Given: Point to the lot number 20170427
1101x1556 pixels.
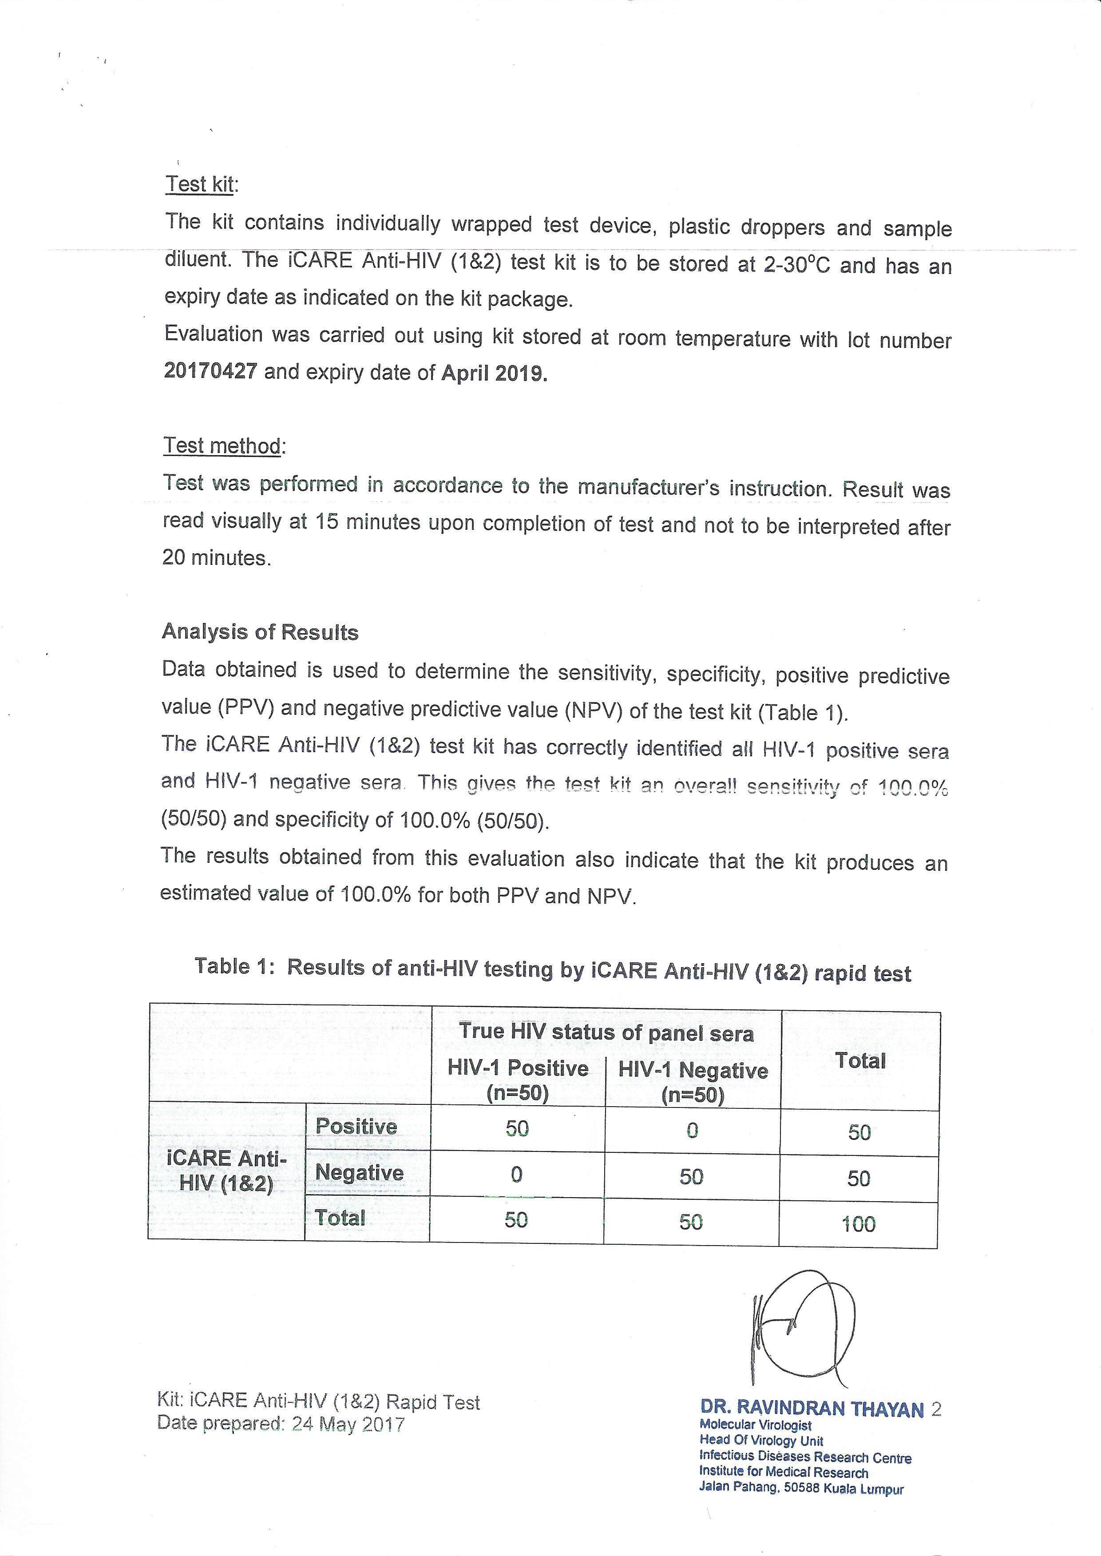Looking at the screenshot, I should pyautogui.click(x=210, y=372).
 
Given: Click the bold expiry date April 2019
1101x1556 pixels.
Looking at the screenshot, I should pyautogui.click(x=494, y=373).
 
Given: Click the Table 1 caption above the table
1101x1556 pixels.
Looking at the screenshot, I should pyautogui.click(x=553, y=969).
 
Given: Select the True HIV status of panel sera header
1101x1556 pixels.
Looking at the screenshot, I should pyautogui.click(x=606, y=1032).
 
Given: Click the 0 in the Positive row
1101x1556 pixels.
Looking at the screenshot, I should pyautogui.click(x=692, y=1130).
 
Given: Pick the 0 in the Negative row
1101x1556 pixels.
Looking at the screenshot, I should pyautogui.click(x=517, y=1174).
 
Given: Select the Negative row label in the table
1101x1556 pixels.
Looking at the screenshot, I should pyautogui.click(x=359, y=1173).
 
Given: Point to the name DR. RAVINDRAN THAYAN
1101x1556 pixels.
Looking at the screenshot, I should pyautogui.click(x=812, y=1409).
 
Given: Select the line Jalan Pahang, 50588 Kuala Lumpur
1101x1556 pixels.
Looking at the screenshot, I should pyautogui.click(x=801, y=1489).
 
